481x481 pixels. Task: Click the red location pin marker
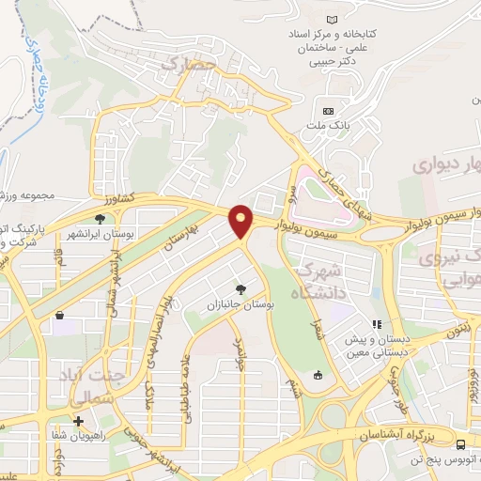pyautogui.click(x=241, y=222)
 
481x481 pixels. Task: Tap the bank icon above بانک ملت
pyautogui.click(x=328, y=111)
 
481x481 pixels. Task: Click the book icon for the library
pyautogui.click(x=331, y=19)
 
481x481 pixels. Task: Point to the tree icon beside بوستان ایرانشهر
pyautogui.click(x=101, y=193)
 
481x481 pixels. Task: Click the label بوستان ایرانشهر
pyautogui.click(x=101, y=207)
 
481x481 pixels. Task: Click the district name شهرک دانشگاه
pyautogui.click(x=320, y=280)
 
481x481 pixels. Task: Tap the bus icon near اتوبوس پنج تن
pyautogui.click(x=460, y=443)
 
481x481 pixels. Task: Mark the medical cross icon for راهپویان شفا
pyautogui.click(x=79, y=422)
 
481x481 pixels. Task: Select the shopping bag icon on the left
pyautogui.click(x=60, y=317)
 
